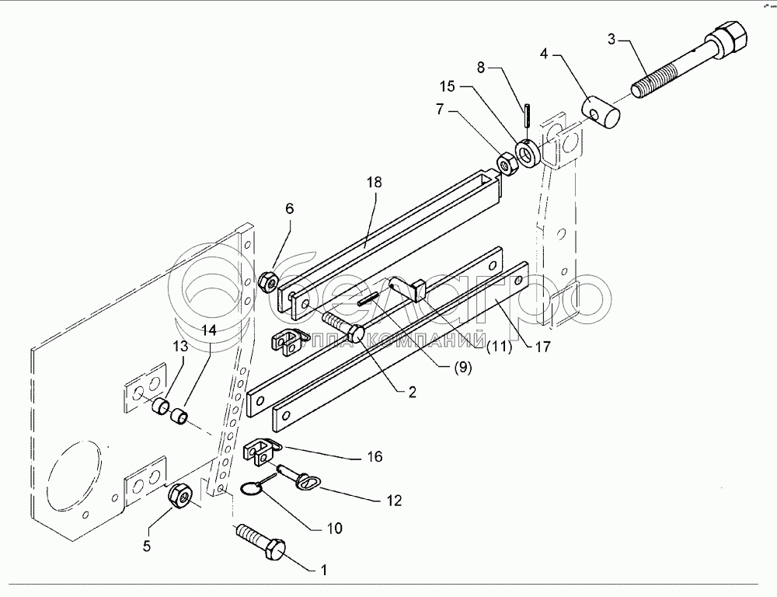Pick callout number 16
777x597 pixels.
(375, 456)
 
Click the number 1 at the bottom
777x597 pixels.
(323, 570)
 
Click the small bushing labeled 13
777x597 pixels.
(160, 407)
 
